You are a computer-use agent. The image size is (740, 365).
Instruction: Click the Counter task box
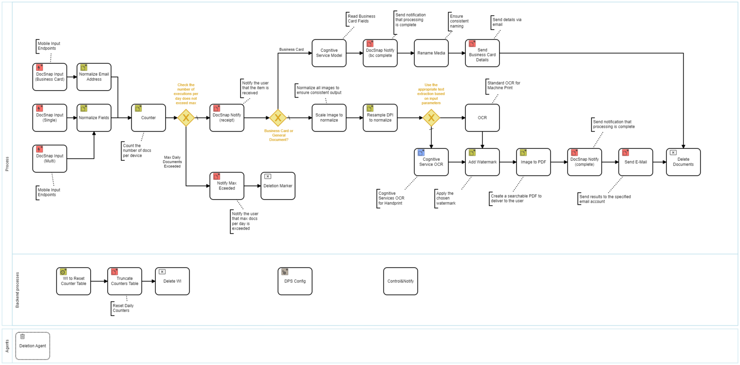(148, 118)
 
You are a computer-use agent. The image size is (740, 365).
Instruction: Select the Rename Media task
(431, 53)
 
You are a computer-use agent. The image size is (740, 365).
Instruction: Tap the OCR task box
(482, 118)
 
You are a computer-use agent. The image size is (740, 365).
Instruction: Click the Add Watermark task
(482, 162)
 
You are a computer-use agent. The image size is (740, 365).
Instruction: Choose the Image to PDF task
(533, 162)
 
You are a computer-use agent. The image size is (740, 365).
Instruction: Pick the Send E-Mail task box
(635, 162)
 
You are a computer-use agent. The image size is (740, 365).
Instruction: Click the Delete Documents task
(683, 162)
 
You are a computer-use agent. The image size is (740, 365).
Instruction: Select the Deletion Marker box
(277, 186)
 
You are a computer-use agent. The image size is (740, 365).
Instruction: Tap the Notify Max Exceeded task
(227, 186)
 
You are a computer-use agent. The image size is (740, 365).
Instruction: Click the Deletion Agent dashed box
(32, 346)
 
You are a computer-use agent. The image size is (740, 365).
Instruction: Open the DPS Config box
(295, 281)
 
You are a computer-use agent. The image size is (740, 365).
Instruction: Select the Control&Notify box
(401, 281)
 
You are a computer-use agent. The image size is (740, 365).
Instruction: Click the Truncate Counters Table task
(124, 281)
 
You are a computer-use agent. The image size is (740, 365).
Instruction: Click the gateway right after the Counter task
(186, 118)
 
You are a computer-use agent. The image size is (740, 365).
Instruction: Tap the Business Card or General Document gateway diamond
(278, 118)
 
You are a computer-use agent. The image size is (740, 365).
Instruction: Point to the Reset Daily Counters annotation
(123, 308)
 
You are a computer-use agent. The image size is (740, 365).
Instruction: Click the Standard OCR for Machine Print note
(503, 85)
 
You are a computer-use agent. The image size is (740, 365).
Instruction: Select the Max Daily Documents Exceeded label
(172, 162)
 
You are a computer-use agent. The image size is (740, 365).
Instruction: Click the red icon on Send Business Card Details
(472, 44)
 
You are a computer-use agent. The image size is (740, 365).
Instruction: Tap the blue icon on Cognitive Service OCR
(421, 152)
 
